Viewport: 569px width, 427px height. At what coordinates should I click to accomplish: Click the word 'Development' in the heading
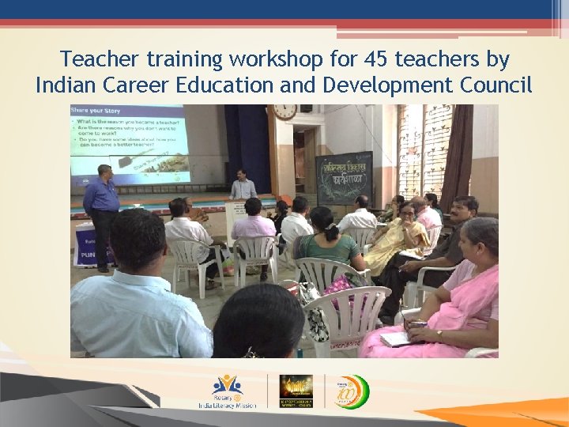[x=376, y=85]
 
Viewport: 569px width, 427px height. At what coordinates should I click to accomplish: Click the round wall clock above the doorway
[x=284, y=111]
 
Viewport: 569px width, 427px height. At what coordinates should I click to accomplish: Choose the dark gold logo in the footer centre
[x=296, y=391]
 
